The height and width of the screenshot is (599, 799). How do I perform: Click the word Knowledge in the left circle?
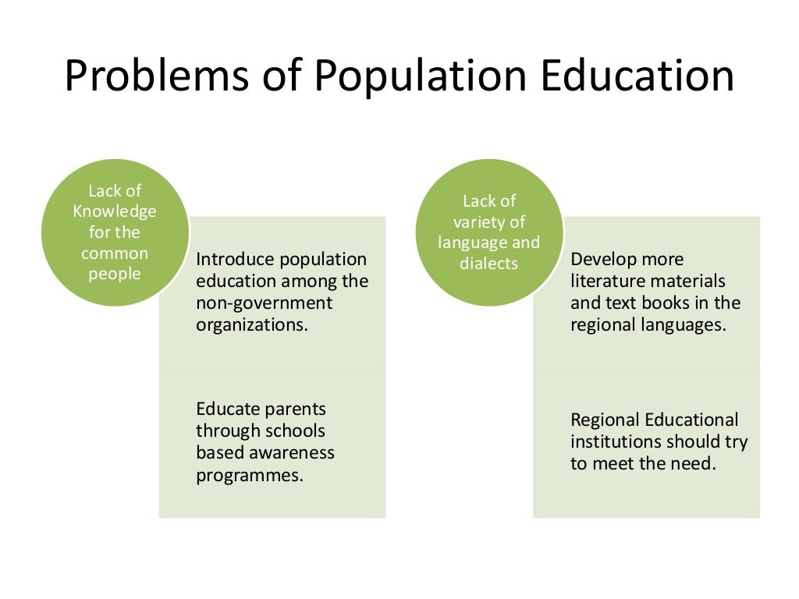(x=115, y=211)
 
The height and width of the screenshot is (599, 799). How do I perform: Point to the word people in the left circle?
(x=115, y=274)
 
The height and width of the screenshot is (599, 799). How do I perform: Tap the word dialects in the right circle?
(x=489, y=264)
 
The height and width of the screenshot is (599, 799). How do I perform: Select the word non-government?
(x=264, y=303)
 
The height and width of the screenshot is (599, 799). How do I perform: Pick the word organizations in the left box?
(x=252, y=324)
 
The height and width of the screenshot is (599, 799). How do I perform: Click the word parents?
(x=294, y=409)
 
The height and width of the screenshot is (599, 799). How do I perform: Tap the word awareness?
(x=293, y=452)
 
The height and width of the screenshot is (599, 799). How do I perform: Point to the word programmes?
(x=249, y=475)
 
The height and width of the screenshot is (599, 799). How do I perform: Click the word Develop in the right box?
(x=604, y=259)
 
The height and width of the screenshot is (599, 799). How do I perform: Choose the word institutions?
(x=620, y=441)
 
